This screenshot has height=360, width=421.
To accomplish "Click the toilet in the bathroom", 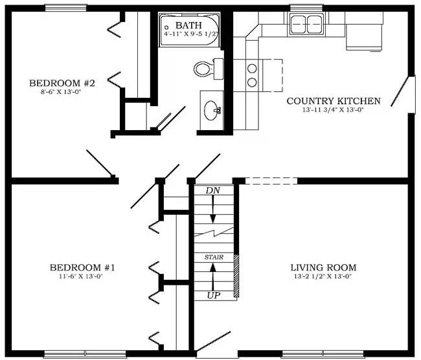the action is (x=208, y=69).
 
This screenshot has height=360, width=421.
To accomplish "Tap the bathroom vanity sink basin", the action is (x=212, y=110).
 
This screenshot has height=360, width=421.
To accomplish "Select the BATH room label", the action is (x=188, y=25).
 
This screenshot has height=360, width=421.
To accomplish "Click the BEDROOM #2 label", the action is (x=62, y=83).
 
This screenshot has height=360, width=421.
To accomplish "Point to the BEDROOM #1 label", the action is (x=82, y=267).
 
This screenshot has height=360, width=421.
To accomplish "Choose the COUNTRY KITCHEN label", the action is (x=334, y=101).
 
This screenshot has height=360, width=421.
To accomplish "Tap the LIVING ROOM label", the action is (x=324, y=267).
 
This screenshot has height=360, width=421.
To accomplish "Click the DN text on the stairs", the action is (x=212, y=190).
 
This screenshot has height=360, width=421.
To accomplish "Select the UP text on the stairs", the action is (x=214, y=295).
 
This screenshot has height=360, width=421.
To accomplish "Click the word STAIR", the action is (x=214, y=257).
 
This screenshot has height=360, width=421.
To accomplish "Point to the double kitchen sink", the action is (x=306, y=24).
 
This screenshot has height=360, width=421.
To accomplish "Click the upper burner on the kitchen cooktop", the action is (x=252, y=68).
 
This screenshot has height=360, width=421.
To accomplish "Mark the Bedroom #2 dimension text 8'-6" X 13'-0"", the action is (x=61, y=92).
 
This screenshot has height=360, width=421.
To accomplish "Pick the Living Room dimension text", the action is (x=323, y=276).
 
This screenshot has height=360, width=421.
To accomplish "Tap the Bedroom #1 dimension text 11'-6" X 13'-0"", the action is (x=82, y=276).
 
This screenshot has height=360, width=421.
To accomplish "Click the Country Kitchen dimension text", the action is (x=333, y=110).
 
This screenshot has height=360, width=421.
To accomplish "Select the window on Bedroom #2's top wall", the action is (x=66, y=8).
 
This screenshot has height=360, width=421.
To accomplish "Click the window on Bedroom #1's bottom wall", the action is (x=85, y=353).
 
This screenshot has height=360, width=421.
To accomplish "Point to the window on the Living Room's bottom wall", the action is (x=323, y=353).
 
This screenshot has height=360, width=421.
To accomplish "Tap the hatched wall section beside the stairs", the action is (x=236, y=275).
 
